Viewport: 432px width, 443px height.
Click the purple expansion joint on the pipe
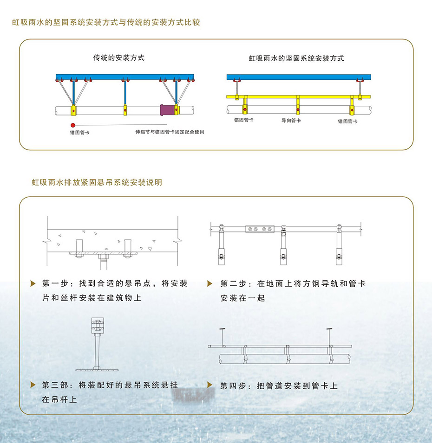coord(167,110)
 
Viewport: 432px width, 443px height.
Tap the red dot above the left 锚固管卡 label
coord(73,125)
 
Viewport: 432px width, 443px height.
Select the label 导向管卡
coord(291,120)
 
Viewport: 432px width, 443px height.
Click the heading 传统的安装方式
coord(119,58)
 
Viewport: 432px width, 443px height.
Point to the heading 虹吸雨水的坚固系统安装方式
coord(296,58)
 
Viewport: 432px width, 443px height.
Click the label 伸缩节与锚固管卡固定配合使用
coord(170,132)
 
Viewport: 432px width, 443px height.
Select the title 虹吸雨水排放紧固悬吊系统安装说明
coord(97,182)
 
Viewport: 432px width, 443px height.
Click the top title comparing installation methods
coord(106,22)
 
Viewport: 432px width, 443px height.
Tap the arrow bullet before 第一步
coord(33,283)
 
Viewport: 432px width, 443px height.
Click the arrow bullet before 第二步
coord(209,283)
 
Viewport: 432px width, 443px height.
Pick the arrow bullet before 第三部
coord(33,385)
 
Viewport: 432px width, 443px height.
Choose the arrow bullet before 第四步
coord(209,385)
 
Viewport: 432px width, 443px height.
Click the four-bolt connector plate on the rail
coord(260,229)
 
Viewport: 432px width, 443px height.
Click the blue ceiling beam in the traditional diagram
coord(125,77)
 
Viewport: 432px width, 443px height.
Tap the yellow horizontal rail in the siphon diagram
coord(299,96)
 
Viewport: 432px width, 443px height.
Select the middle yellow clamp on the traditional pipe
coord(125,110)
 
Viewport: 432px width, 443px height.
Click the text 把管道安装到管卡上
coord(297,386)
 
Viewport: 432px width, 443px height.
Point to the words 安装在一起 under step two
coord(243,298)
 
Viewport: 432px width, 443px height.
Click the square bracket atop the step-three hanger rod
coord(98,326)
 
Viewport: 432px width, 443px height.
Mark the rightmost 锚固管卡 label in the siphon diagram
coord(348,121)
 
